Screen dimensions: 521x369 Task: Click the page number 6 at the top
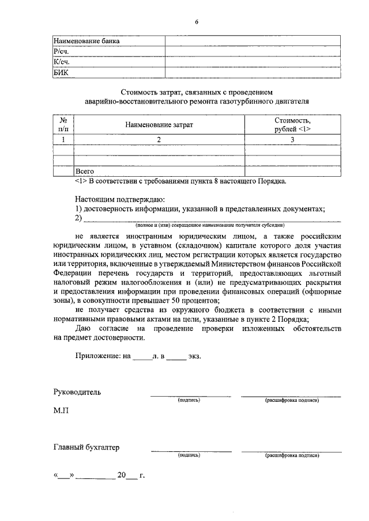coord(196,22)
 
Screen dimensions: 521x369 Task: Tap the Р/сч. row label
coord(62,52)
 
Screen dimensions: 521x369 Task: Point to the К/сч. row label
coord(62,62)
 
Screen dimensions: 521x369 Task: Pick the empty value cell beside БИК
coord(252,72)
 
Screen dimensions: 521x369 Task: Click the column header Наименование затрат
coord(159,124)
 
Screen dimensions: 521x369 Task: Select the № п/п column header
coord(64,124)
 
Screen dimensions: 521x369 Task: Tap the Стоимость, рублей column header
coord(292,124)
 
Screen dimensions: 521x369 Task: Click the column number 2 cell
coord(159,139)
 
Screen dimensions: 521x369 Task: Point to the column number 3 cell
coord(292,139)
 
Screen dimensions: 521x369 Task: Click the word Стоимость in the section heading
coord(142,92)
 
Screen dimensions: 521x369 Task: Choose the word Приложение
coord(97,356)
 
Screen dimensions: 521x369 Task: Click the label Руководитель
coord(77,393)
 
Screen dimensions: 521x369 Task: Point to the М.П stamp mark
coord(62,412)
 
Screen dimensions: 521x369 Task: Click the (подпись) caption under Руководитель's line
coord(189,400)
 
